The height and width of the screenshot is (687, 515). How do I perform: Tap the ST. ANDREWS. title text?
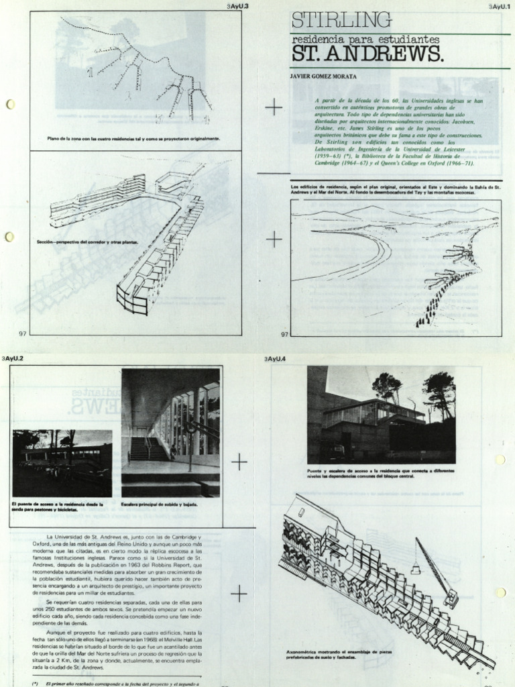coord(367,54)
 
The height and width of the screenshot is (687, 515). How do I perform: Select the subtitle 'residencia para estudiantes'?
coord(365,40)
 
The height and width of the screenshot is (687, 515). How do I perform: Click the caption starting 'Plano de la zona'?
coord(133,139)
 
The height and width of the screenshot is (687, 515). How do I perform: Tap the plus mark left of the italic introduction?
coord(274,107)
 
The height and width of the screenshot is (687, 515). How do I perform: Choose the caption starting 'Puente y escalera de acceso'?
coord(381,474)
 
